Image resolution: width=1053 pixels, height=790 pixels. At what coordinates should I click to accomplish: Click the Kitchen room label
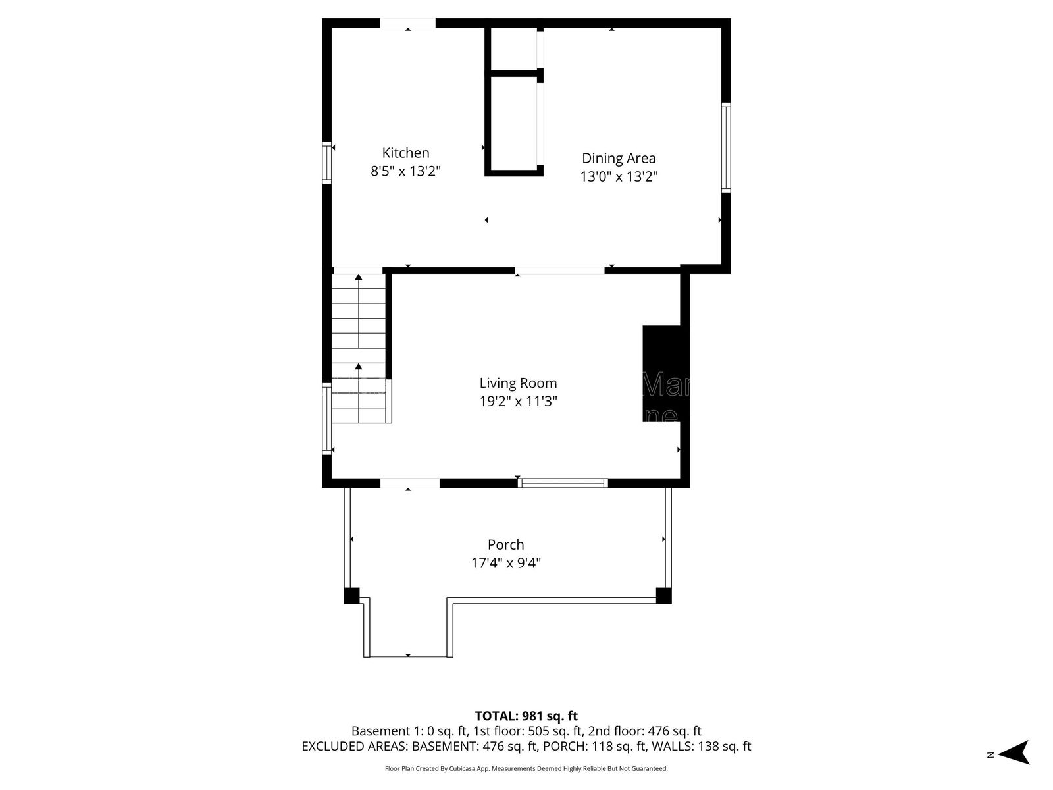pyautogui.click(x=405, y=153)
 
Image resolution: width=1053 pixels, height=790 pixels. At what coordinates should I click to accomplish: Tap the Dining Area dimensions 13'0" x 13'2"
pyautogui.click(x=619, y=176)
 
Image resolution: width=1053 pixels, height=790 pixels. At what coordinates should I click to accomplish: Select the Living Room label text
pyautogui.click(x=518, y=383)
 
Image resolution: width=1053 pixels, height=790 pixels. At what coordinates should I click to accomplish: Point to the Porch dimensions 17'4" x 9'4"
pyautogui.click(x=506, y=563)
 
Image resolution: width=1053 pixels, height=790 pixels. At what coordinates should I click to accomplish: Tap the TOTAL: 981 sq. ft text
pyautogui.click(x=526, y=716)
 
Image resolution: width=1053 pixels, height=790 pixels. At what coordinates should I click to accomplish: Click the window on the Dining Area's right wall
pyautogui.click(x=726, y=147)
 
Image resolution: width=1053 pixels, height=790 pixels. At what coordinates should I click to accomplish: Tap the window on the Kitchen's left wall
pyautogui.click(x=326, y=162)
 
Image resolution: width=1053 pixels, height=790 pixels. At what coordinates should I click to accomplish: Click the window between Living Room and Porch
pyautogui.click(x=562, y=483)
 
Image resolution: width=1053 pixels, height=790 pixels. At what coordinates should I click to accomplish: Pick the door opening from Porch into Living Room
pyautogui.click(x=409, y=483)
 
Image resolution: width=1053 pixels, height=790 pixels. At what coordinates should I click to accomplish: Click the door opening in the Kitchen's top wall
pyautogui.click(x=407, y=24)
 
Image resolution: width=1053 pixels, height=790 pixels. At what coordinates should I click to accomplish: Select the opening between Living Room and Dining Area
pyautogui.click(x=559, y=270)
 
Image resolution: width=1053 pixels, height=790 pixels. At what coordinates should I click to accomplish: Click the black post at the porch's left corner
pyautogui.click(x=351, y=595)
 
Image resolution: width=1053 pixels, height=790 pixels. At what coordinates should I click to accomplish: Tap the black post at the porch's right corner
pyautogui.click(x=663, y=595)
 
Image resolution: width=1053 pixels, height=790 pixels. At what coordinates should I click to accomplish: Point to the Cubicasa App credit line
pyautogui.click(x=526, y=768)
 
